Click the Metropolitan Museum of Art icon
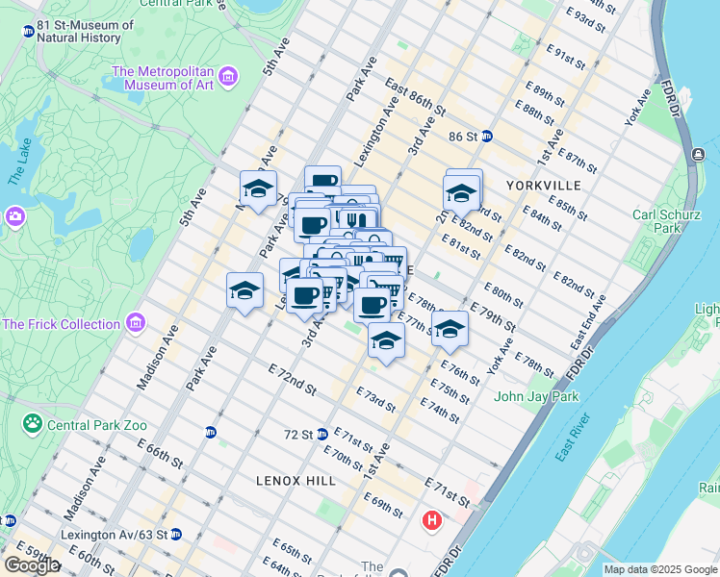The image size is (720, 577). coord(228,75)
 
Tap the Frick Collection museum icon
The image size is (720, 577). coord(136,321)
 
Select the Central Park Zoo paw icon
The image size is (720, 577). coord(33,422)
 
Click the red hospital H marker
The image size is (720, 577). coord(432,521)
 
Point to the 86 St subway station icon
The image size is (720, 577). coord(487,137)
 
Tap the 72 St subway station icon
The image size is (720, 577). coord(322,435)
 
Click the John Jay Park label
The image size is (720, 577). coord(536,396)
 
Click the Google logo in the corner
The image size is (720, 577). coord(32,565)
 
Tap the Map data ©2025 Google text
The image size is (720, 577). coord(659,569)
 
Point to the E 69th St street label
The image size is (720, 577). coord(382,504)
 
